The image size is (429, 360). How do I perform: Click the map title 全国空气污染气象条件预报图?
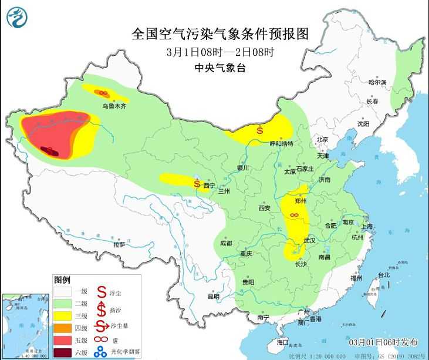(220, 33)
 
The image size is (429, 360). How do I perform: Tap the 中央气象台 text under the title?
(220, 68)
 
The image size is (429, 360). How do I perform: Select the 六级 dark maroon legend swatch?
(64, 352)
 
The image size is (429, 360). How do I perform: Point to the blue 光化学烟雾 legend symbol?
(102, 352)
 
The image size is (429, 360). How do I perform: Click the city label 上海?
(367, 226)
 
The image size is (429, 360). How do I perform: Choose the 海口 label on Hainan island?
(283, 342)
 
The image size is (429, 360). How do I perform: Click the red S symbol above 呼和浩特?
(259, 131)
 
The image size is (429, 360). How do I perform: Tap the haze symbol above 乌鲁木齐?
(102, 93)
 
